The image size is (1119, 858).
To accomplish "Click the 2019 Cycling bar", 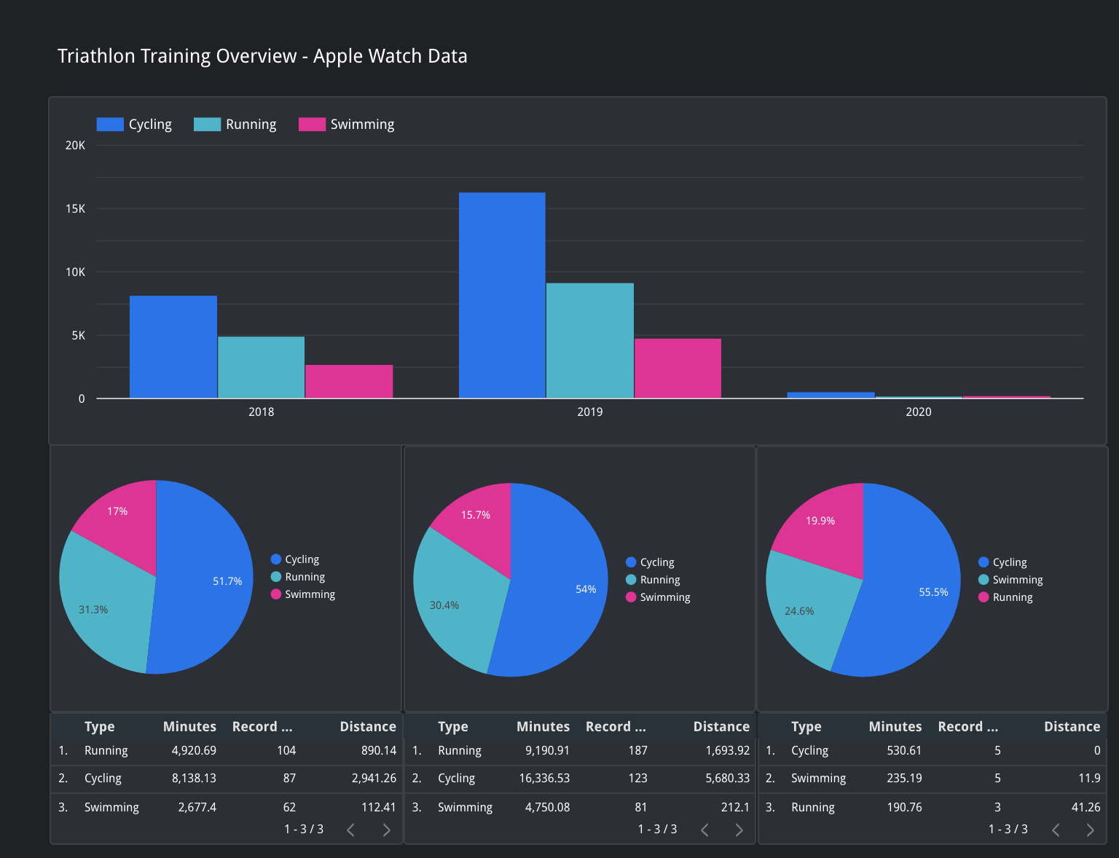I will [x=502, y=295].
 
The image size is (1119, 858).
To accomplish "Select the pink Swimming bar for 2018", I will [x=349, y=382].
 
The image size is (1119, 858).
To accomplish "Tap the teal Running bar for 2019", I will [x=590, y=340].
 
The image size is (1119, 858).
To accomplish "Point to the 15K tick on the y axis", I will [x=75, y=209].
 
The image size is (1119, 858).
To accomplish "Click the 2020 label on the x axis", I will [x=918, y=412].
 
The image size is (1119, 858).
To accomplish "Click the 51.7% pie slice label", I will [x=227, y=581].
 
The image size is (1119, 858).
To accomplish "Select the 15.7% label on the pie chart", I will [x=476, y=515].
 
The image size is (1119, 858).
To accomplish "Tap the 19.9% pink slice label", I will [x=820, y=521].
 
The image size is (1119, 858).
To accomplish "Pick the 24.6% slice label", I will [x=799, y=611].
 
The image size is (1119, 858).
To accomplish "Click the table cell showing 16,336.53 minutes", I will [x=544, y=778].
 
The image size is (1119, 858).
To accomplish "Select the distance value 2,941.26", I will [x=374, y=778].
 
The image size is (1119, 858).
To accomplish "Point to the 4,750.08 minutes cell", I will [x=547, y=807].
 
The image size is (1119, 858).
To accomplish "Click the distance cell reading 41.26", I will [x=1085, y=807].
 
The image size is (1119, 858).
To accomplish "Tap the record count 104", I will [x=286, y=750].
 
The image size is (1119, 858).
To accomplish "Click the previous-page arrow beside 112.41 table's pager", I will [x=351, y=830].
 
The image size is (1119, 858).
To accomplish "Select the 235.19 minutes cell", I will [x=904, y=778].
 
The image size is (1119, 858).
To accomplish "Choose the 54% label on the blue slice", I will [x=586, y=589].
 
